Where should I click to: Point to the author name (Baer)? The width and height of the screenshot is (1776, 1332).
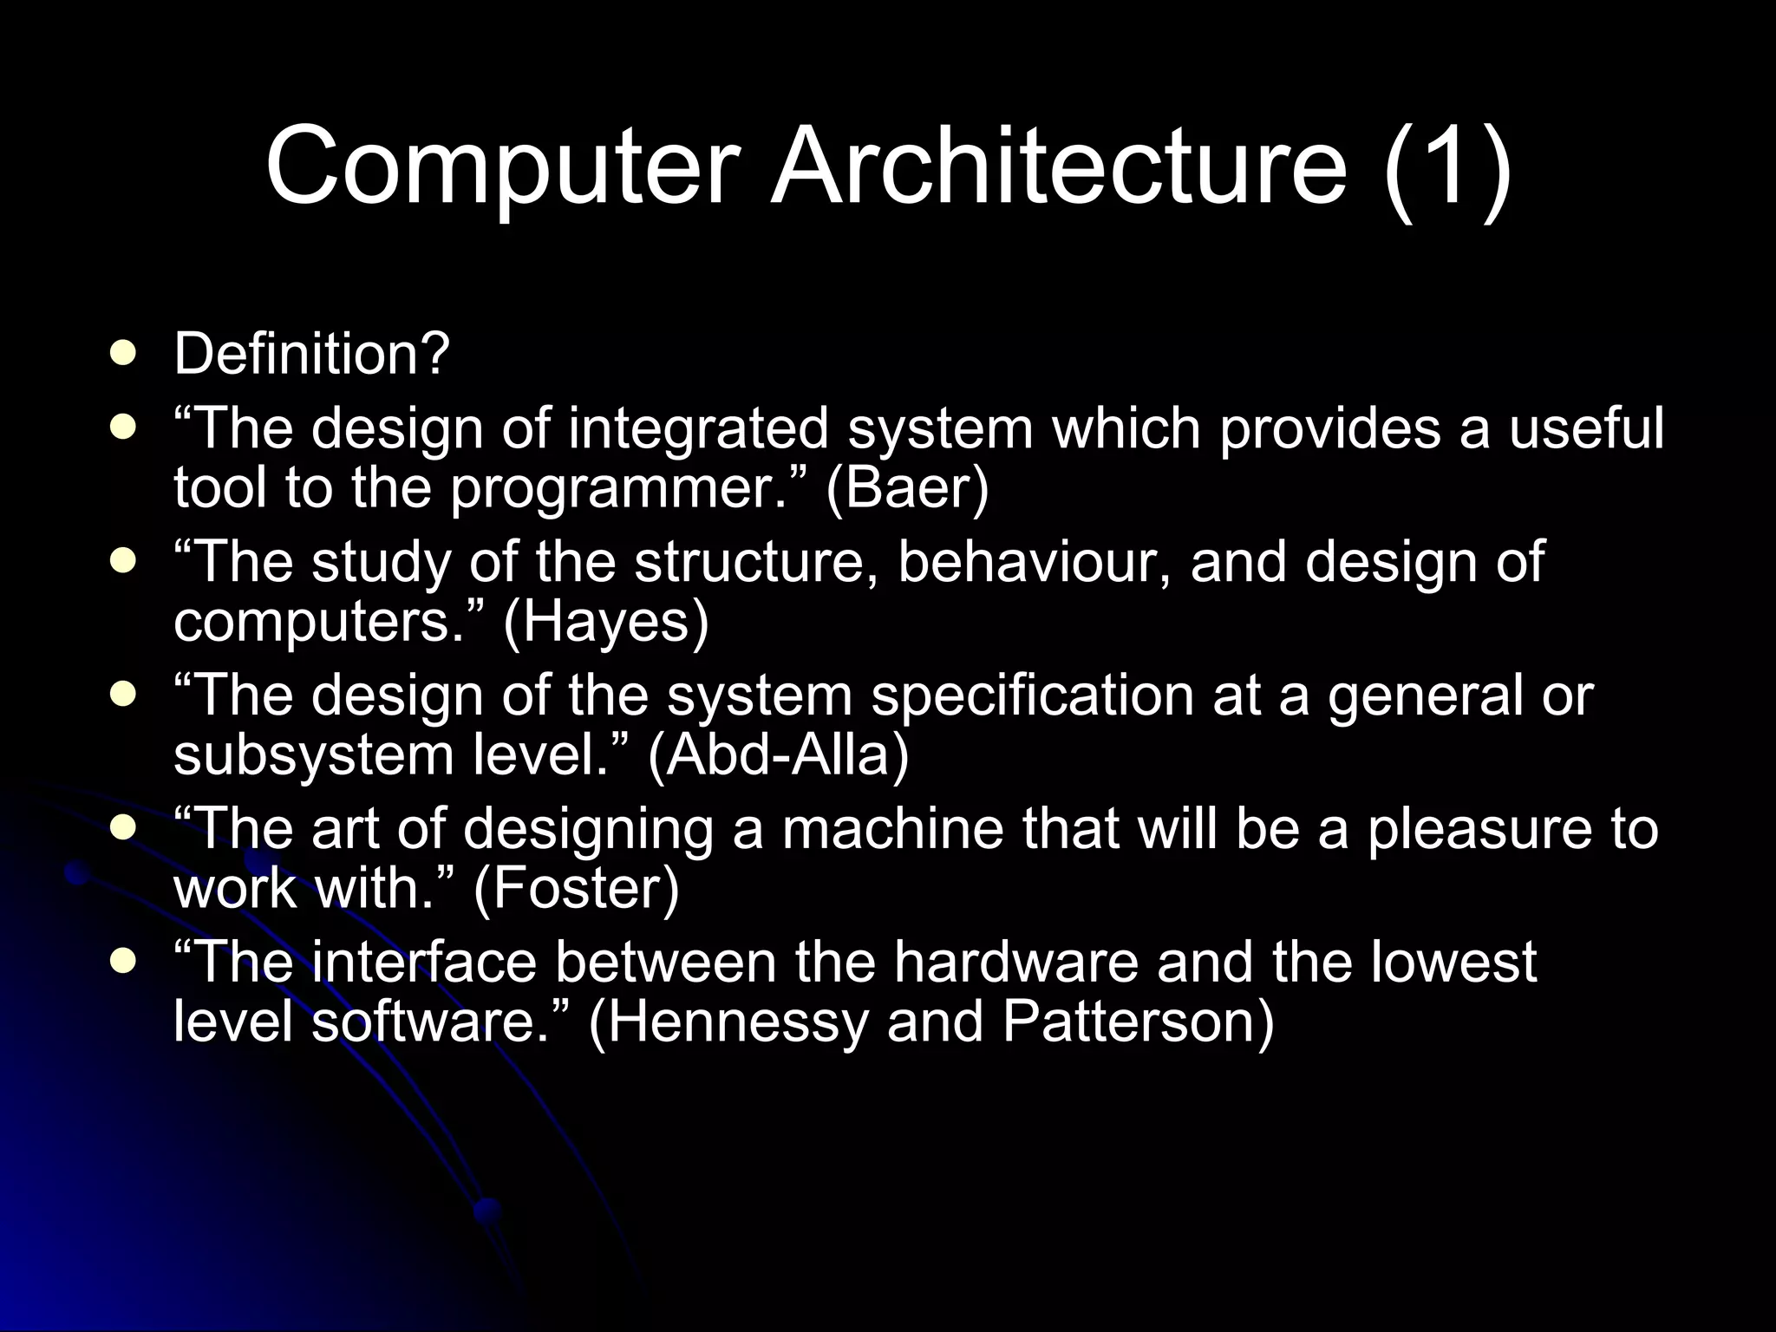[907, 488]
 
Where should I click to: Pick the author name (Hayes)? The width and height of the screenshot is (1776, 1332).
[606, 622]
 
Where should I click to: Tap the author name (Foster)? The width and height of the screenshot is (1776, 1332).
[576, 889]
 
